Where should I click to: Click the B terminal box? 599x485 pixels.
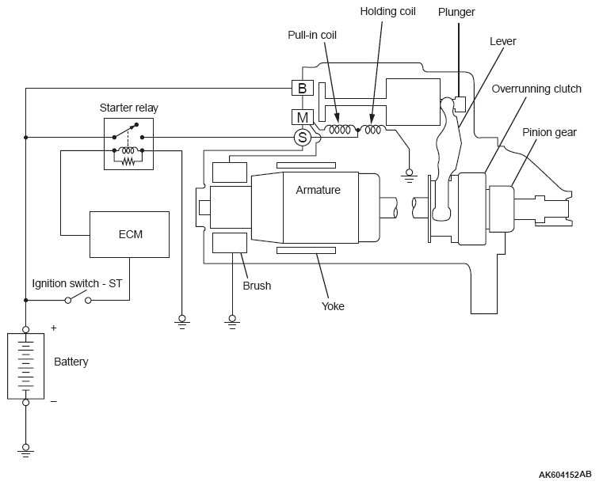(x=302, y=88)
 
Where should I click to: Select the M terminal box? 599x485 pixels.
(x=302, y=117)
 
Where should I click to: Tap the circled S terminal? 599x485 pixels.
(x=302, y=137)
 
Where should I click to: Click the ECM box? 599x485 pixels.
(x=129, y=234)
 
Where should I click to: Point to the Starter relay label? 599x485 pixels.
(x=128, y=108)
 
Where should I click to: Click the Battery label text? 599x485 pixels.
(x=71, y=362)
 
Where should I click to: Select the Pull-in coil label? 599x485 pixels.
(x=312, y=35)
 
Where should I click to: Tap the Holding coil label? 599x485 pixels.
(x=387, y=11)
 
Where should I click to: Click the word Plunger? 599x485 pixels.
(x=456, y=12)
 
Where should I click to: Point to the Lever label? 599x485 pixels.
(x=502, y=41)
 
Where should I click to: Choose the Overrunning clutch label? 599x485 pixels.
(x=536, y=89)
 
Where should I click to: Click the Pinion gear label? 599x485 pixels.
(x=549, y=132)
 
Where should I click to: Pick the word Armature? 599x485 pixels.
(x=318, y=190)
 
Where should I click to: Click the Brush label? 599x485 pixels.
(x=257, y=286)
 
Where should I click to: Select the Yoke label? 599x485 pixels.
(x=333, y=306)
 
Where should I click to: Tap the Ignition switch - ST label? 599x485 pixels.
(x=77, y=283)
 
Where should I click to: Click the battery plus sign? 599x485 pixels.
(x=54, y=328)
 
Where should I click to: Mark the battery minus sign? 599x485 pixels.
(x=54, y=401)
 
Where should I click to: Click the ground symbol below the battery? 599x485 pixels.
(x=25, y=450)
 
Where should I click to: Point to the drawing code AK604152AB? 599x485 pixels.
(x=565, y=475)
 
